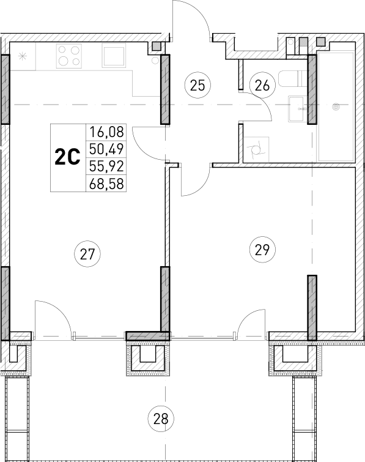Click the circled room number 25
coord(196,85)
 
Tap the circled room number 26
coord(262,85)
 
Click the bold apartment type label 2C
coord(68,157)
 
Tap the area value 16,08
coord(106,130)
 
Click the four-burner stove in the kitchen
coord(68,56)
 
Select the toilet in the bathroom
coord(290,79)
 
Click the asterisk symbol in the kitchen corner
coord(23,57)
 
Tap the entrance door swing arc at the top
coord(192,15)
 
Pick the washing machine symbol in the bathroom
coord(256,147)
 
